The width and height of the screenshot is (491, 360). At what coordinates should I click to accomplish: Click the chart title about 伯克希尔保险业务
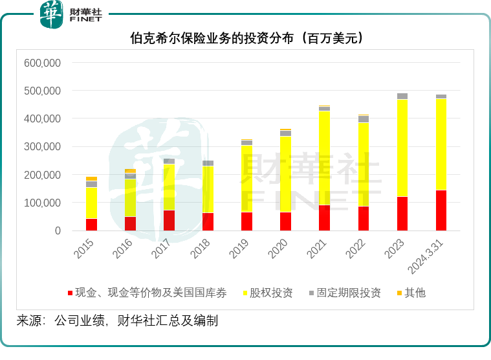pos(246,38)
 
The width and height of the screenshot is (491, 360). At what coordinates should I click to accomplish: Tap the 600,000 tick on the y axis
pos(42,63)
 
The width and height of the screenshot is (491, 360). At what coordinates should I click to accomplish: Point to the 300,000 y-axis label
pos(42,147)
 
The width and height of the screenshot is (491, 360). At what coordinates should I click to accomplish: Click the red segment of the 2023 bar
pos(402,214)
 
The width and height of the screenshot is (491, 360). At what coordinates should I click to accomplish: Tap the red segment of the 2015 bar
pos(91,225)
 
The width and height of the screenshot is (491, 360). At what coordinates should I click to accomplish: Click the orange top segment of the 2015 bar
pos(91,178)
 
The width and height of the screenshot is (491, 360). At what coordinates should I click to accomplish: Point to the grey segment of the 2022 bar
pos(364,118)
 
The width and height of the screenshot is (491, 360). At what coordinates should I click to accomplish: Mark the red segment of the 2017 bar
pos(169,220)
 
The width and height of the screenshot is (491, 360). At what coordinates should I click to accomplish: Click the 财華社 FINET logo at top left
pos(71,14)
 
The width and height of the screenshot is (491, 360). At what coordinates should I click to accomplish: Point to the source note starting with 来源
pos(117,321)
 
